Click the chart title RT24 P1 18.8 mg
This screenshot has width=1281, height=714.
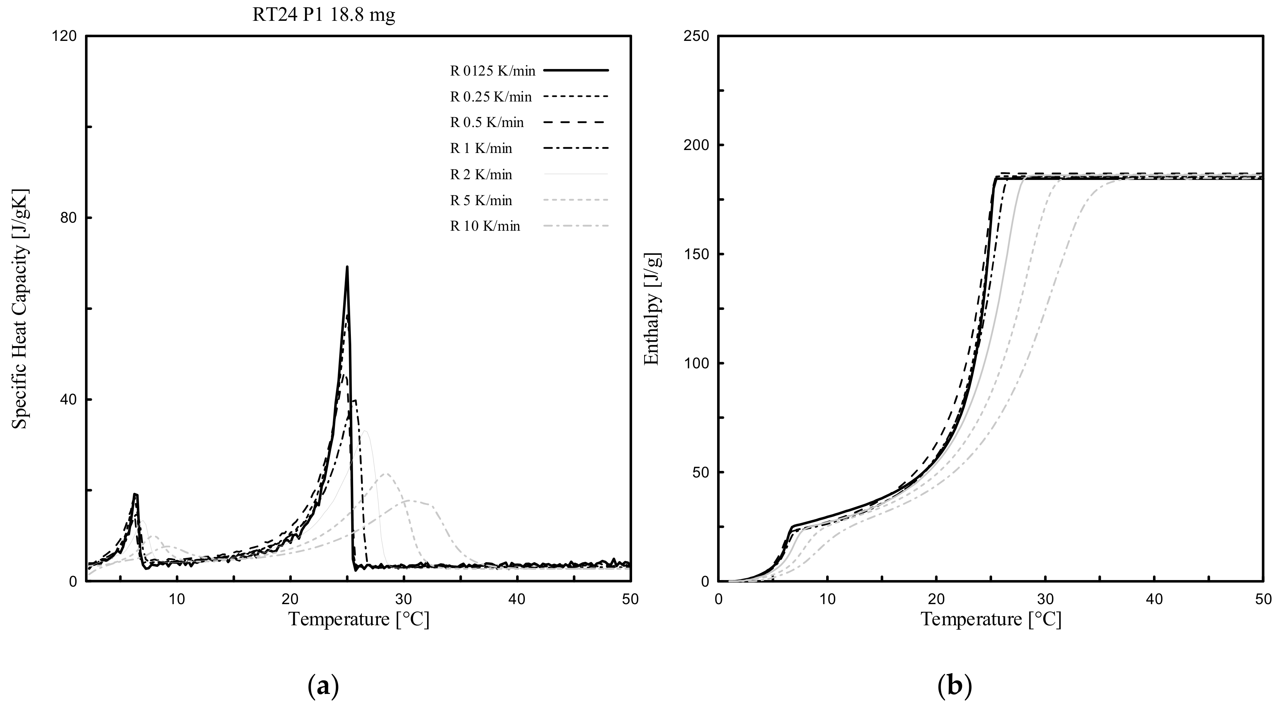pos(324,15)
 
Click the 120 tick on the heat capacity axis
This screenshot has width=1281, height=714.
pos(65,37)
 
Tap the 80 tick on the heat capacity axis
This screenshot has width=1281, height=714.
pos(70,218)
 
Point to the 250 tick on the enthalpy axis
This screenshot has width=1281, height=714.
pos(698,37)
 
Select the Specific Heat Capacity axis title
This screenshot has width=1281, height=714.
pos(21,309)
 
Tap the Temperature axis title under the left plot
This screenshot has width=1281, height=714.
pos(359,619)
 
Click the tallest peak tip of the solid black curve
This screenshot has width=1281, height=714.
pos(347,267)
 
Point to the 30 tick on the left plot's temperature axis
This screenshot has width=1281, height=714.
pos(404,599)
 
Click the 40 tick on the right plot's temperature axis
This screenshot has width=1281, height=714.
pos(1155,599)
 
